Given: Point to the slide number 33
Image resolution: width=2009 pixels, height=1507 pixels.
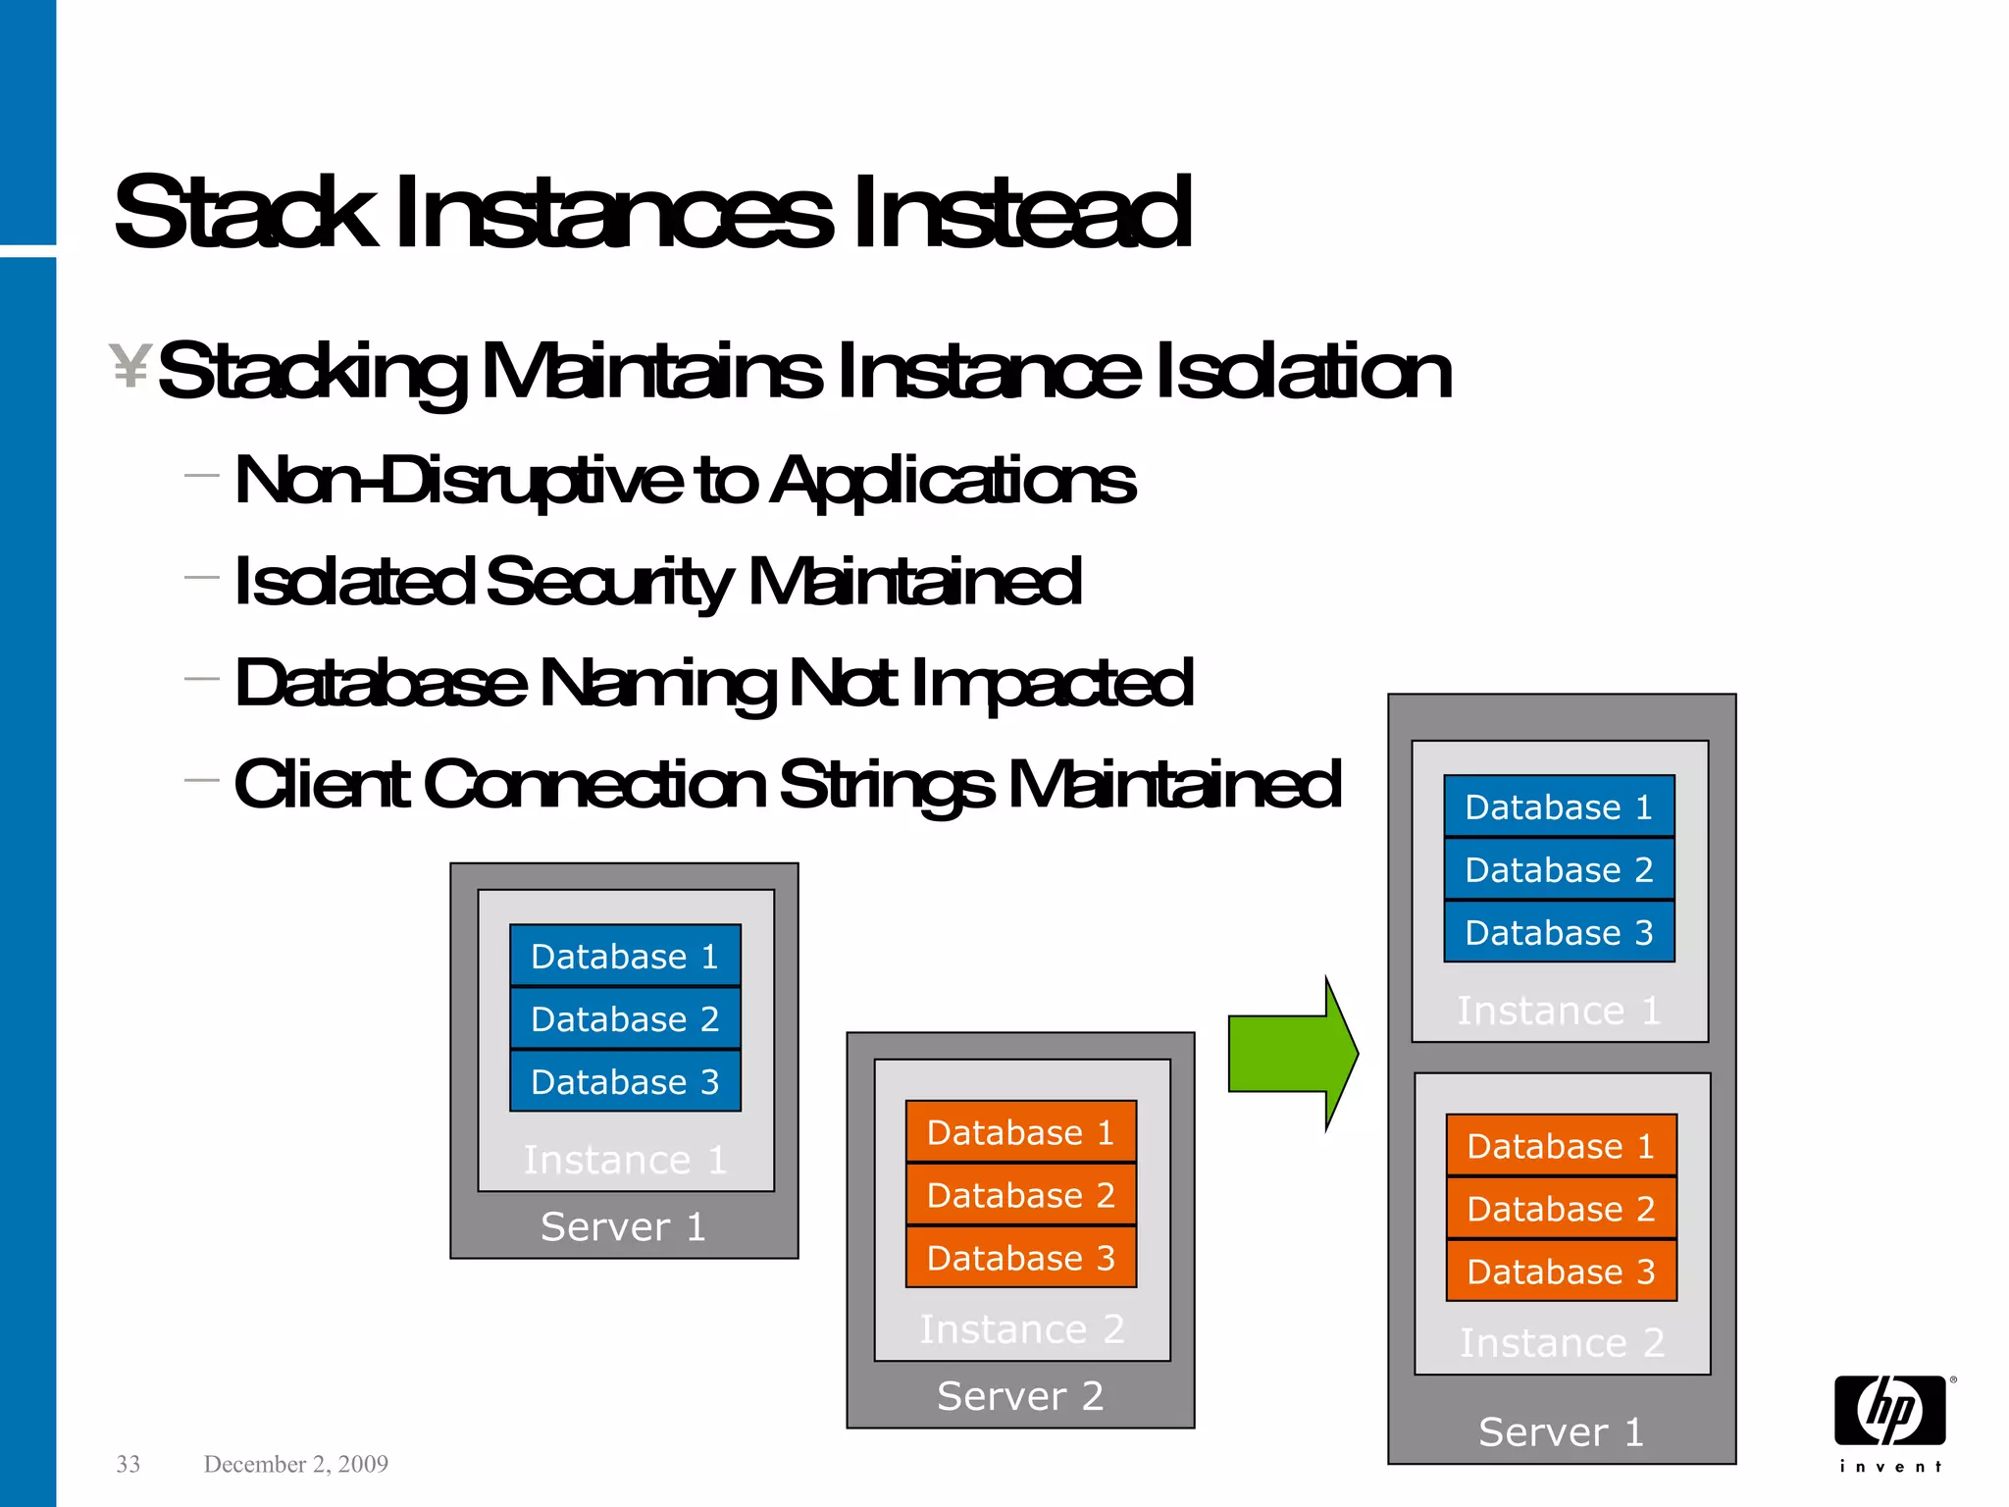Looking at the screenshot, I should (x=129, y=1464).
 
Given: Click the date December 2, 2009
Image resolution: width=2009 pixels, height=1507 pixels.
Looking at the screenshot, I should (x=295, y=1464).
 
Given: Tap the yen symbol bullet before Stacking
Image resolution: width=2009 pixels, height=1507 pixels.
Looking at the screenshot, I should (x=129, y=366).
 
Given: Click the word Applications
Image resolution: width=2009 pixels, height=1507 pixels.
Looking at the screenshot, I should (x=953, y=481).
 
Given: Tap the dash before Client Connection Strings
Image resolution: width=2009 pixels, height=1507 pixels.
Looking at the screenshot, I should (x=201, y=781).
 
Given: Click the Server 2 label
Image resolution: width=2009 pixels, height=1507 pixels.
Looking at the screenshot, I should (x=1020, y=1395).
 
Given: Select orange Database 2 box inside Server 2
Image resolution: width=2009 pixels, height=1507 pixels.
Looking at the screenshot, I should (x=1020, y=1195).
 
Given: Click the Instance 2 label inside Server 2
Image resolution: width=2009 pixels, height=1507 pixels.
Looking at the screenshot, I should (x=1021, y=1329).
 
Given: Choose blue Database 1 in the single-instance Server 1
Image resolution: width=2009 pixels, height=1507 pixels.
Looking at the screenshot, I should (x=625, y=956).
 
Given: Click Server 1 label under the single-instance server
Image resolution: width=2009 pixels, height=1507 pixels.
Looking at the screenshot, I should (x=624, y=1226).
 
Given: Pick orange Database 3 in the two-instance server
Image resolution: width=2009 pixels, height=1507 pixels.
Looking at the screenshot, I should (x=1561, y=1272).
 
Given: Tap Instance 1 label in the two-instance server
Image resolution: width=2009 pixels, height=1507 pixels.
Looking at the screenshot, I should (x=1559, y=1011).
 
